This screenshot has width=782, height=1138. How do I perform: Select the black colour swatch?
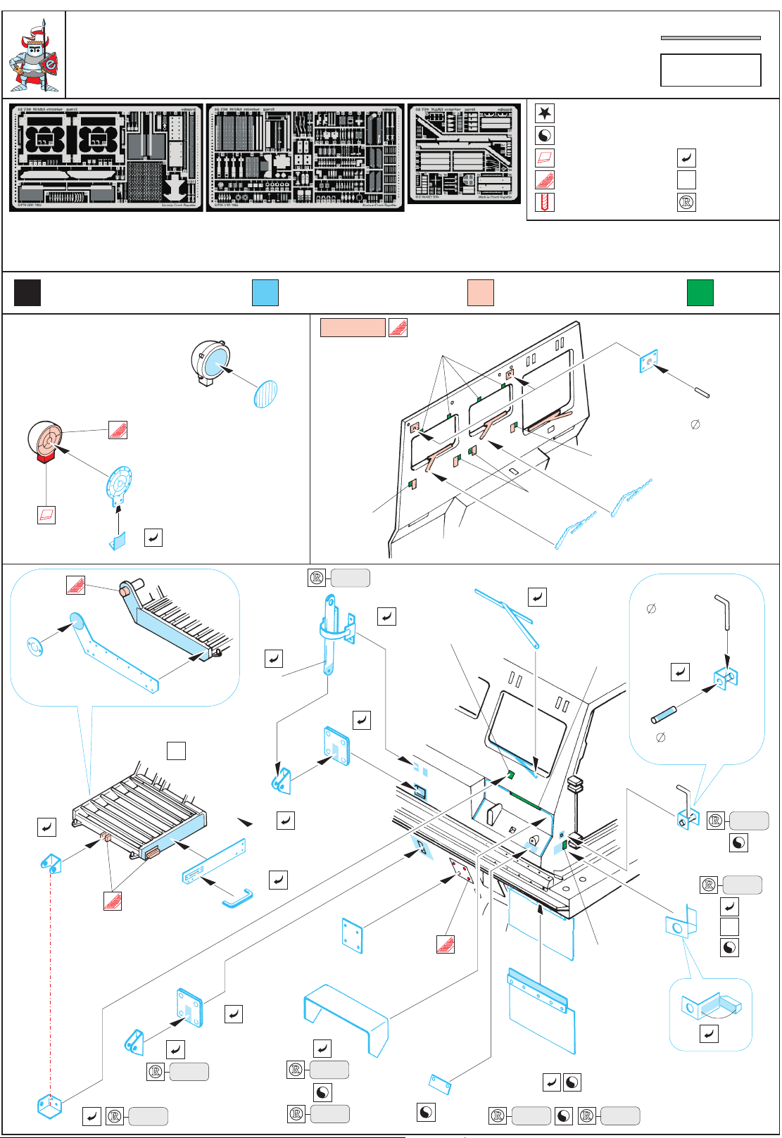pyautogui.click(x=27, y=292)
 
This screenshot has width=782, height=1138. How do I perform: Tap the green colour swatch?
pyautogui.click(x=700, y=292)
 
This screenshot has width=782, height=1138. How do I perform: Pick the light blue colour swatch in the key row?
pyautogui.click(x=265, y=292)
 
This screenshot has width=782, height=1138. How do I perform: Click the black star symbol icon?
pyautogui.click(x=544, y=113)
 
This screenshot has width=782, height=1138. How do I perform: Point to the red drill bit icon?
pyautogui.click(x=544, y=203)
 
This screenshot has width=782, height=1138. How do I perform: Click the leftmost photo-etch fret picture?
pyautogui.click(x=106, y=158)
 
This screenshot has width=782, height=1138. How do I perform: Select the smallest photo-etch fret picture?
pyautogui.click(x=465, y=153)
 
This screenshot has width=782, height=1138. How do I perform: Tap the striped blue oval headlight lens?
pyautogui.click(x=265, y=393)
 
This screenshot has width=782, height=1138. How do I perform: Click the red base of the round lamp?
pyautogui.click(x=46, y=457)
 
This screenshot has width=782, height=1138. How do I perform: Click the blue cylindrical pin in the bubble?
pyautogui.click(x=664, y=715)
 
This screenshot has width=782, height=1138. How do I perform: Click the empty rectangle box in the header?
pyautogui.click(x=710, y=70)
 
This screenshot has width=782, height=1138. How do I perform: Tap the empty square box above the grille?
pyautogui.click(x=176, y=751)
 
